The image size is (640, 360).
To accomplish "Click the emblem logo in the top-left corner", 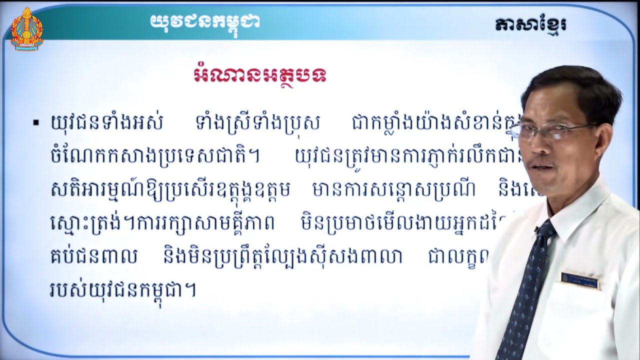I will [27, 28].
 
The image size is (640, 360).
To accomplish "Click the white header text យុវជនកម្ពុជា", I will [204, 21].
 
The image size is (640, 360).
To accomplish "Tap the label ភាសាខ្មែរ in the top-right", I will [531, 24].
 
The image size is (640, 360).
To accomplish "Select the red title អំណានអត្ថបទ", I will [260, 76].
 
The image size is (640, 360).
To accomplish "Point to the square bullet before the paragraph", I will [35, 122].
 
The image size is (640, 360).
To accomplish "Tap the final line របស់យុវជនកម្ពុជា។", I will [123, 290].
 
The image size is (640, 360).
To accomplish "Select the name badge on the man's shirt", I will [579, 280].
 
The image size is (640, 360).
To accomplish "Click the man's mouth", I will [544, 167].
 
